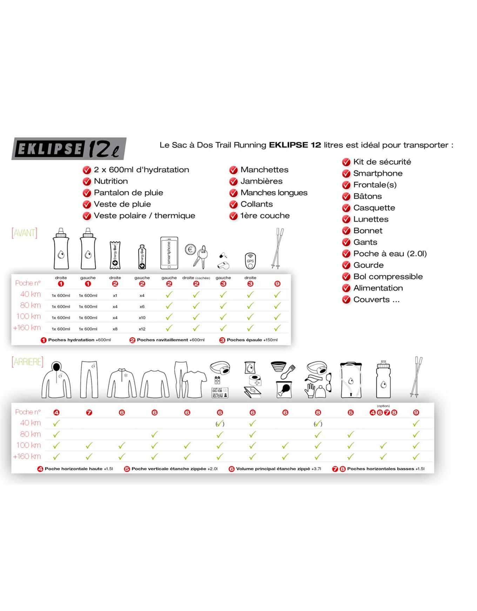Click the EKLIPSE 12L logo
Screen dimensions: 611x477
[69, 149]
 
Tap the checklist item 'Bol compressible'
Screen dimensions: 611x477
[388, 276]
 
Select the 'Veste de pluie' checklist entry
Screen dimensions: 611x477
[122, 204]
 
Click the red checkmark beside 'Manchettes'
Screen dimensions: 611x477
[233, 170]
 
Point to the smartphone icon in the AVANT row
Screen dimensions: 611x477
[169, 253]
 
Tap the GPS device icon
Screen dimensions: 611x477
[250, 261]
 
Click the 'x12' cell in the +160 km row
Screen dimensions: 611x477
[142, 329]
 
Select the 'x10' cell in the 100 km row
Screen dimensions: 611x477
[142, 318]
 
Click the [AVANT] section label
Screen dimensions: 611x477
[24, 233]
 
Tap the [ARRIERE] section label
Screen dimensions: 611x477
[27, 362]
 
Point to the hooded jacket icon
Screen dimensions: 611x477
[56, 380]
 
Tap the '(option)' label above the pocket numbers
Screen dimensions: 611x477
[383, 406]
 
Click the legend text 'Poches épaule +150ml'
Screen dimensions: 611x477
[252, 340]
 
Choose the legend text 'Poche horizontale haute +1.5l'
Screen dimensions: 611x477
[79, 469]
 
